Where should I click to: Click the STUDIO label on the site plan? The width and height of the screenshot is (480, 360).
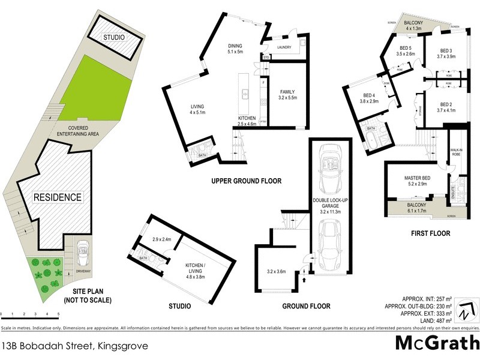113,37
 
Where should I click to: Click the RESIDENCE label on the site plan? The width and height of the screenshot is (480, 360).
57,197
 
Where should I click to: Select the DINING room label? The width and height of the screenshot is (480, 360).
235,48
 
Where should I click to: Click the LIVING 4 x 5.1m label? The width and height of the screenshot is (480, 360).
197,109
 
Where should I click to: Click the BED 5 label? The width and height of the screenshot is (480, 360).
406,50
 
